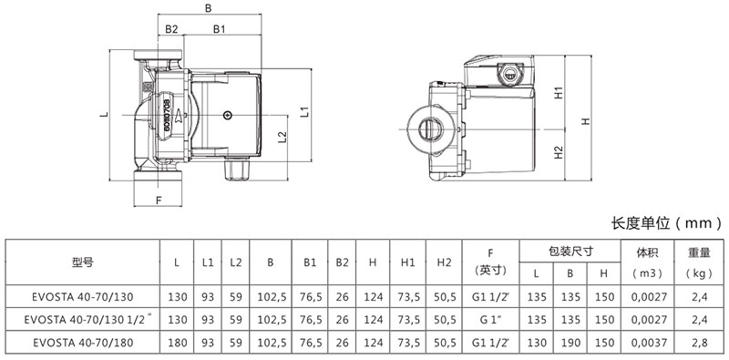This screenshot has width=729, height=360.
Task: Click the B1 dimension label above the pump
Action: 220,29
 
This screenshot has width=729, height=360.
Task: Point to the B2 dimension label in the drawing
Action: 171,29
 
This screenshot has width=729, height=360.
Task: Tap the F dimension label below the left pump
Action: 158,201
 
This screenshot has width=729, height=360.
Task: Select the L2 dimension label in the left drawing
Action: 282,138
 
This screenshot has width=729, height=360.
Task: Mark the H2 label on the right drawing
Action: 559,152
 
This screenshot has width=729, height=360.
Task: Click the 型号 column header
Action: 83,262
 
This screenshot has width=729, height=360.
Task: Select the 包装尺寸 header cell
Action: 570,252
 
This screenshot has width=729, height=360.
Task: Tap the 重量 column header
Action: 699,253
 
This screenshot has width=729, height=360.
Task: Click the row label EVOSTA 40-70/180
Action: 83,343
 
